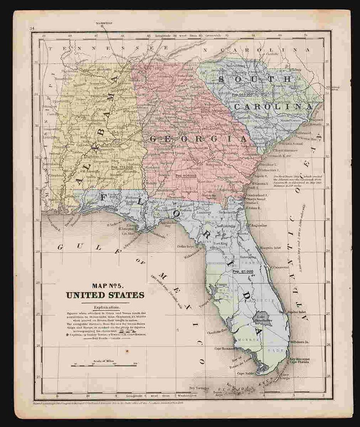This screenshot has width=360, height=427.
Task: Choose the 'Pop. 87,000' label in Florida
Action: click(x=243, y=271)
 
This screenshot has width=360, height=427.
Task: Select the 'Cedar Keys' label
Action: click(x=185, y=246)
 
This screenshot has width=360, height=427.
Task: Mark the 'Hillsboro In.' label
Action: click(x=299, y=342)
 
